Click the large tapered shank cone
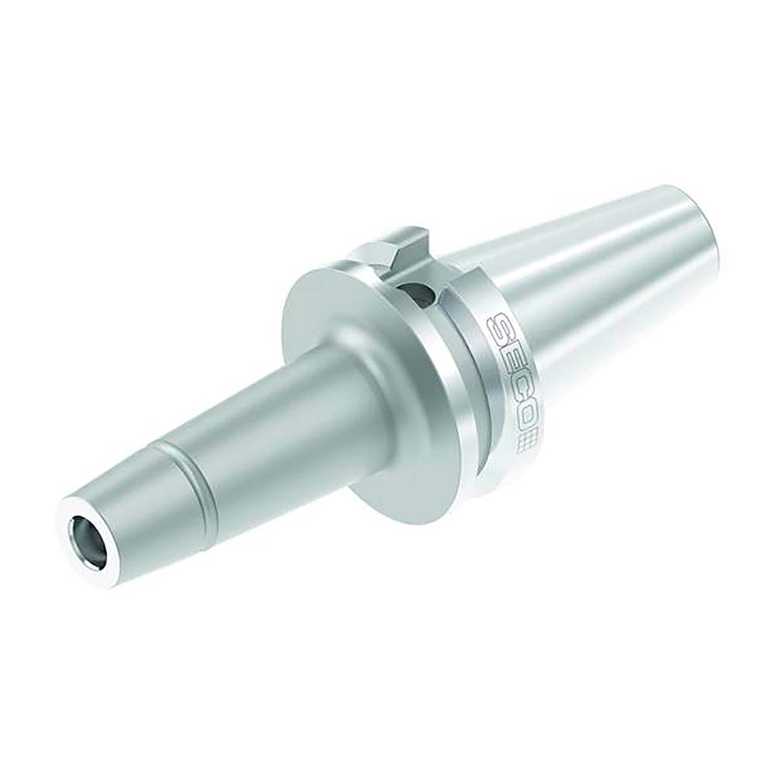(589, 294)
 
